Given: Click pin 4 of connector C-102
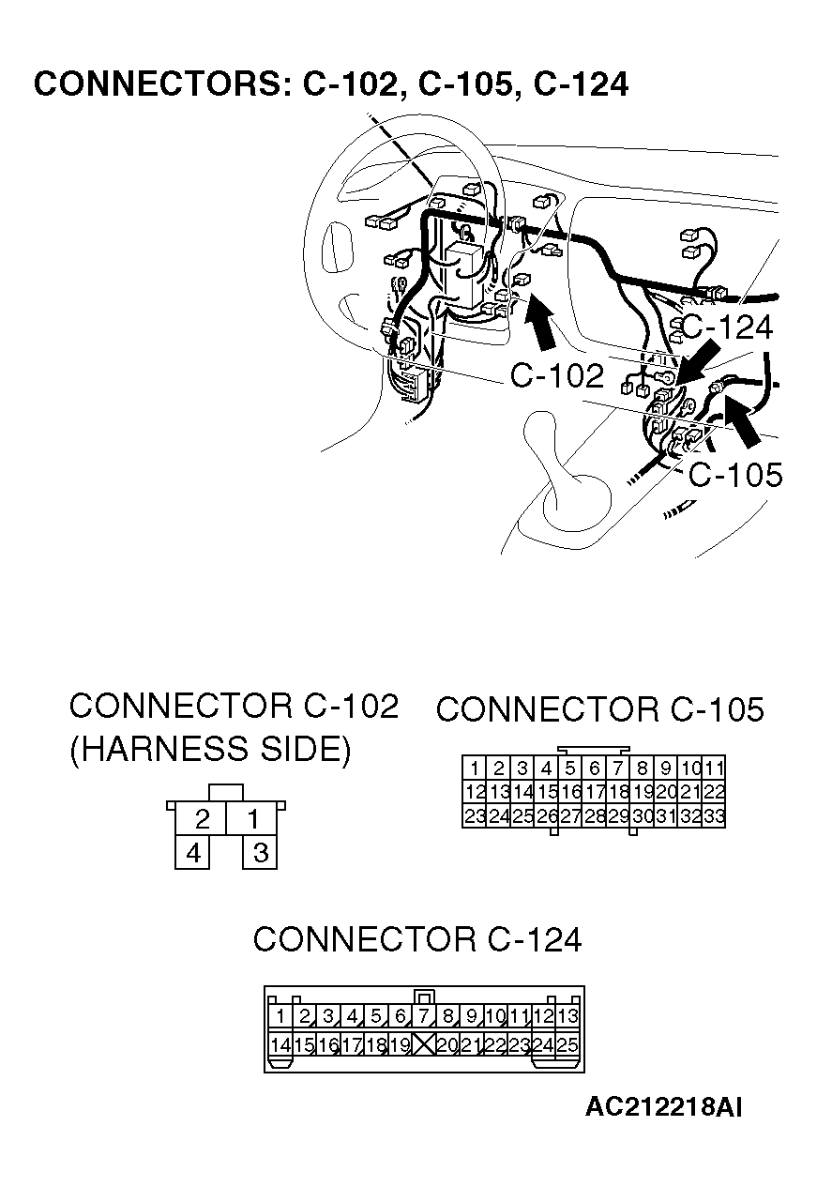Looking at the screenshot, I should click(x=193, y=853).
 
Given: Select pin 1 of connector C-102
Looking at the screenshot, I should click(x=252, y=819).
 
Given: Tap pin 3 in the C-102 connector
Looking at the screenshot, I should click(x=261, y=853).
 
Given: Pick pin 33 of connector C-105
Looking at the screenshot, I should click(x=714, y=816).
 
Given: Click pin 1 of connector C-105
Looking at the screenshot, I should click(x=476, y=768).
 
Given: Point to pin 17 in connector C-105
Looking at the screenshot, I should click(x=595, y=792).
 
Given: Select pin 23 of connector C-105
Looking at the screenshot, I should click(x=476, y=816).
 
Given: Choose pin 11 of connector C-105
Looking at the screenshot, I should click(x=714, y=768).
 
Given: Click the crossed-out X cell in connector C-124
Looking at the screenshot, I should click(x=424, y=1043).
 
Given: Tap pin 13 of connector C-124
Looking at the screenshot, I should click(x=567, y=1016).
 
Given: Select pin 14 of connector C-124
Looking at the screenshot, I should click(x=280, y=1043).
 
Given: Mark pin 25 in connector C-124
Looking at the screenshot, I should click(x=567, y=1043).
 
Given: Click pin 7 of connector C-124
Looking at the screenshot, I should click(x=424, y=1016).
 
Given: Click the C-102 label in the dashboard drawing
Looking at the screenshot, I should click(x=557, y=375).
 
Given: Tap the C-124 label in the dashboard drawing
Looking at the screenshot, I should click(x=726, y=327).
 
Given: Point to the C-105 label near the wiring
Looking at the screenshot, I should click(x=734, y=475).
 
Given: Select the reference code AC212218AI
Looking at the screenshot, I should click(x=663, y=1107).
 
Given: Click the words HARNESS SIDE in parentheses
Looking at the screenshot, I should click(x=210, y=750).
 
